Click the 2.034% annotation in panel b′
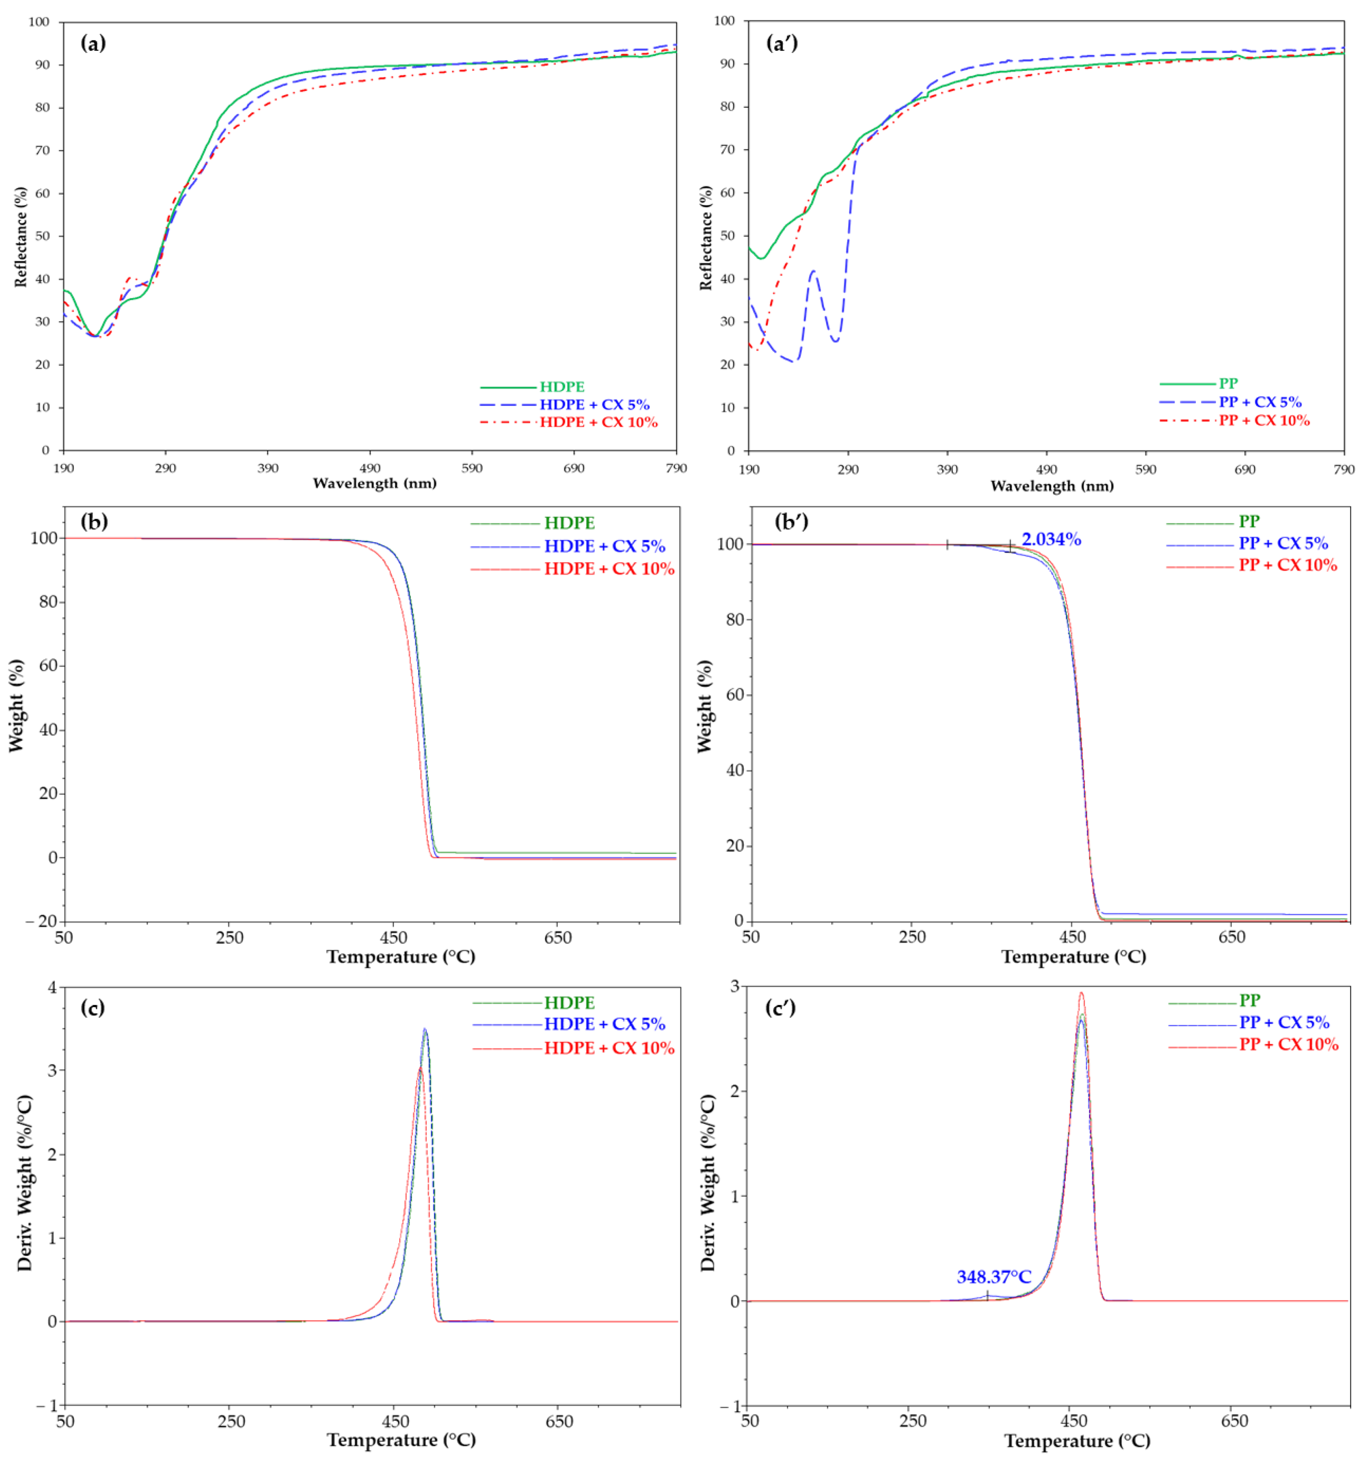(1051, 540)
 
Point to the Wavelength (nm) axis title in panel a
(374, 483)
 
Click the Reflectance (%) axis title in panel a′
(706, 237)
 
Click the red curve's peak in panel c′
(1080, 993)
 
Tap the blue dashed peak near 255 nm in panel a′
(813, 271)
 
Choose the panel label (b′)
(791, 522)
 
